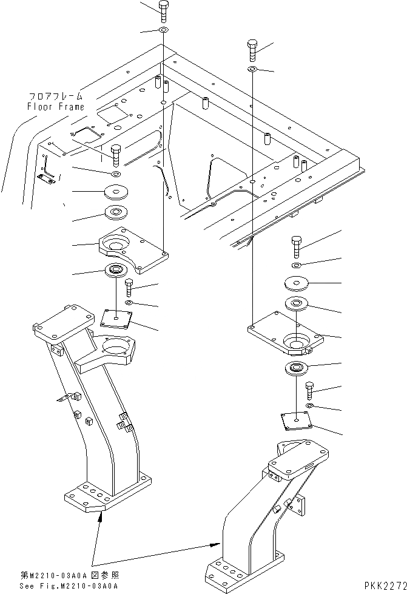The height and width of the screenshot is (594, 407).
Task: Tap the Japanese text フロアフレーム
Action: (55, 96)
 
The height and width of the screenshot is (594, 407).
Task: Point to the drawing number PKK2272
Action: (385, 586)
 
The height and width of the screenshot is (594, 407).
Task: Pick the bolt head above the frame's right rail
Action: (254, 48)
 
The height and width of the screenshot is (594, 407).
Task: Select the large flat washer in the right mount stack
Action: (296, 283)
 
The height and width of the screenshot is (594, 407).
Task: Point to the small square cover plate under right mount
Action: (295, 420)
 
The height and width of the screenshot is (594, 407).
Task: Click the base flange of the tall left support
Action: (106, 494)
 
